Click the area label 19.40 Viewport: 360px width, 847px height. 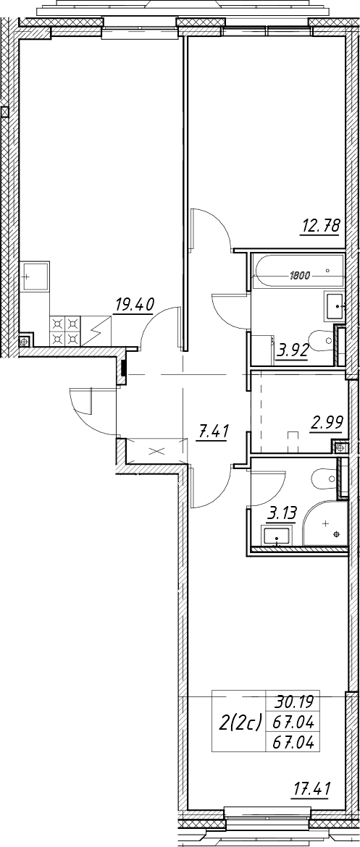[x=133, y=305]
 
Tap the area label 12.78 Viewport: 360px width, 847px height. [x=321, y=227]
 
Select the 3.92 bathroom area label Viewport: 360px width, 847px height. [x=292, y=352]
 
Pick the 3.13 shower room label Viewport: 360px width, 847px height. [x=280, y=514]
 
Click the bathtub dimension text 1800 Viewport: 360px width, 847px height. [x=299, y=276]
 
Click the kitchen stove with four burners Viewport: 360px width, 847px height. [x=65, y=331]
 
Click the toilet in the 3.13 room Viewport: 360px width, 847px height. [x=325, y=479]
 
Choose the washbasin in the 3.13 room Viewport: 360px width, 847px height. [x=277, y=536]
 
